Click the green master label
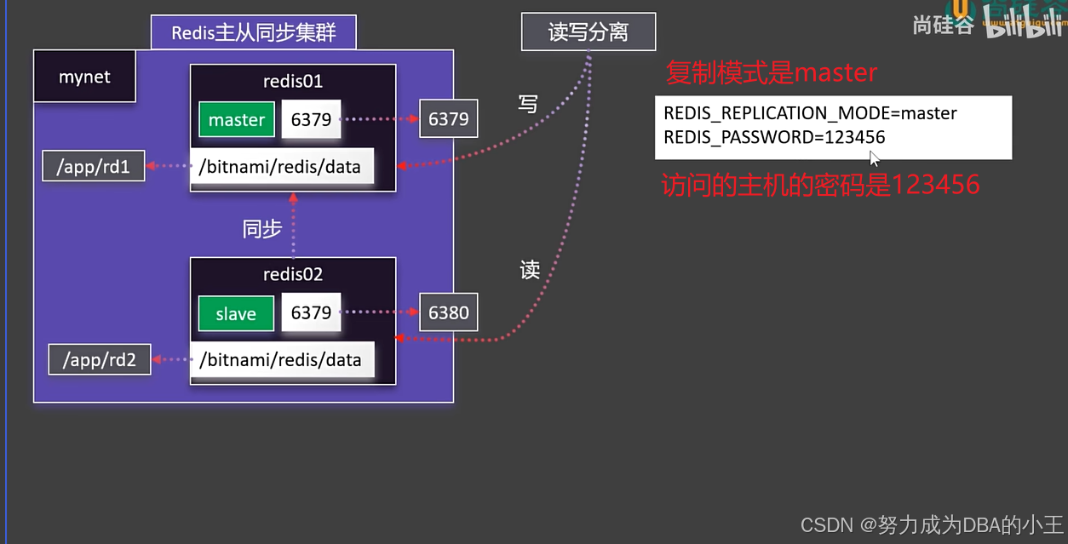click(237, 120)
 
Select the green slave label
click(236, 313)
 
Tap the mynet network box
click(84, 77)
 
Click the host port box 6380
click(448, 312)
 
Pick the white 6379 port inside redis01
click(311, 119)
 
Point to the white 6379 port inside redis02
click(311, 312)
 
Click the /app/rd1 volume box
click(94, 166)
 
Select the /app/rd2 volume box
click(100, 359)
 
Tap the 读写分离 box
click(589, 32)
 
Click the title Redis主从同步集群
click(254, 32)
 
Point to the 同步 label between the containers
click(261, 229)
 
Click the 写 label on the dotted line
click(528, 104)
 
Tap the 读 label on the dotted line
click(530, 270)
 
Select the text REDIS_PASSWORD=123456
click(774, 137)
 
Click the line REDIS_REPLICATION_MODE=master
click(810, 113)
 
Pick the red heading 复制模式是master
click(771, 73)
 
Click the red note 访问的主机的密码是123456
click(820, 184)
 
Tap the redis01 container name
click(293, 82)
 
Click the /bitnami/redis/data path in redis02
click(280, 359)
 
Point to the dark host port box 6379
click(448, 119)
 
